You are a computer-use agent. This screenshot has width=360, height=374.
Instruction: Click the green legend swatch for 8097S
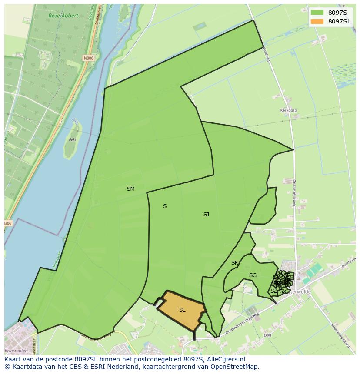click(317, 12)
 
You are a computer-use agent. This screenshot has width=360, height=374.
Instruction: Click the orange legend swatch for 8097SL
click(317, 21)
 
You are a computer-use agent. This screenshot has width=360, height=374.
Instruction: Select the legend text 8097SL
click(339, 21)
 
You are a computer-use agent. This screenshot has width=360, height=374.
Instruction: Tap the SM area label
click(130, 189)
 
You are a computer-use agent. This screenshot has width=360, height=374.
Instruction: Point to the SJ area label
click(206, 215)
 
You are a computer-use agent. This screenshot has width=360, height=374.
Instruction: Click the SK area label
click(234, 263)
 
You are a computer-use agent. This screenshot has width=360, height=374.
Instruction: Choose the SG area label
click(253, 275)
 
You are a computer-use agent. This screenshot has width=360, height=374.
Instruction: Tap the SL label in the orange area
click(182, 310)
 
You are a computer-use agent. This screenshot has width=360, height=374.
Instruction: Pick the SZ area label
click(273, 291)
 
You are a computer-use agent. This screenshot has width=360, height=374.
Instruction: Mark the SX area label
click(283, 291)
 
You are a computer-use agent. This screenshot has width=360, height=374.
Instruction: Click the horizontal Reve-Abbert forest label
click(64, 16)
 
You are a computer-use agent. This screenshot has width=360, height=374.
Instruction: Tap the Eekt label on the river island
click(73, 140)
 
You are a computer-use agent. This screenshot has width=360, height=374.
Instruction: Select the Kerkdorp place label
click(288, 111)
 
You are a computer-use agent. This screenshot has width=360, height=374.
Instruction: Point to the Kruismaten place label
click(16, 351)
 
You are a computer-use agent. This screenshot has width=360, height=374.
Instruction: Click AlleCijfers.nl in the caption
click(227, 359)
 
